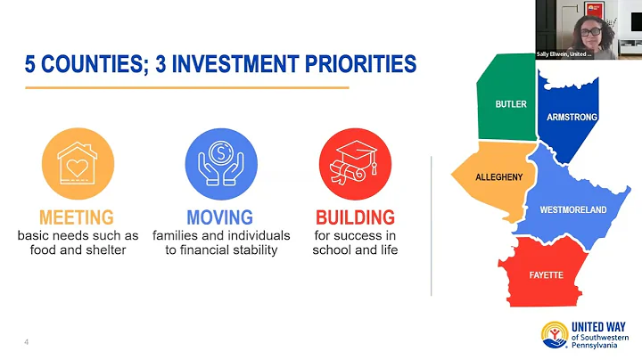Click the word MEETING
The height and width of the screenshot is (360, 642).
[77, 217]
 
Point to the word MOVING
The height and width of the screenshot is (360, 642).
[220, 217]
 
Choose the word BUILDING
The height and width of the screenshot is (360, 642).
[355, 217]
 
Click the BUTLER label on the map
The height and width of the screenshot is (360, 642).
[511, 104]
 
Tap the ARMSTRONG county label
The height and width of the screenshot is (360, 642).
[572, 117]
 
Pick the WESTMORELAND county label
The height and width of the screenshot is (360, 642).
[572, 210]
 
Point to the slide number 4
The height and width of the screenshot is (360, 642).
[27, 341]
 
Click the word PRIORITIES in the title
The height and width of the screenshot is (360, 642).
[354, 65]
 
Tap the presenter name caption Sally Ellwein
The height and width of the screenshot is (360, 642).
[565, 54]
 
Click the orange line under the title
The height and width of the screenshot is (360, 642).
[186, 87]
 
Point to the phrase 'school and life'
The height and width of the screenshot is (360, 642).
[355, 250]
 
